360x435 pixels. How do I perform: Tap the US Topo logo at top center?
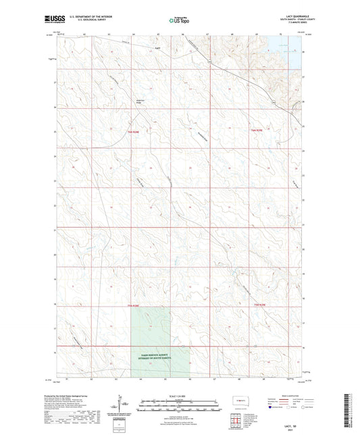[179, 21]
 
